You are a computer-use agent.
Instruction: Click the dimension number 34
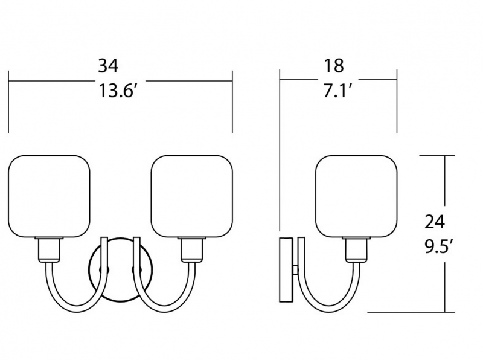(x=108, y=66)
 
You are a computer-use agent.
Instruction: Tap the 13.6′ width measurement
(x=116, y=91)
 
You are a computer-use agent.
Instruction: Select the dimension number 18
(x=334, y=66)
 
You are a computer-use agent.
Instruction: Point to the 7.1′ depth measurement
(x=337, y=91)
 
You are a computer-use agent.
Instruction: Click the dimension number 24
(x=435, y=222)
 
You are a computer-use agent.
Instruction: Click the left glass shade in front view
(x=49, y=197)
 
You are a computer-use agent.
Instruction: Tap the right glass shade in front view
(x=192, y=197)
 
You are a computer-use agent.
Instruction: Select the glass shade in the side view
(x=356, y=197)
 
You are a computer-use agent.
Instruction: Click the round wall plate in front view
(x=120, y=269)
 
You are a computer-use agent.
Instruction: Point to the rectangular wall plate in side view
(x=286, y=269)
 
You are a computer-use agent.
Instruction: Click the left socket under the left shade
(x=49, y=250)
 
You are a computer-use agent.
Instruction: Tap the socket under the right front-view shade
(x=192, y=250)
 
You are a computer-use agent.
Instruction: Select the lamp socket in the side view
(x=357, y=250)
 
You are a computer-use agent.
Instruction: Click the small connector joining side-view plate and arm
(x=295, y=270)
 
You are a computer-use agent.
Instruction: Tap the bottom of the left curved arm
(x=75, y=310)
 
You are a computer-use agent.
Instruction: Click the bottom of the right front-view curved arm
(x=165, y=310)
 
